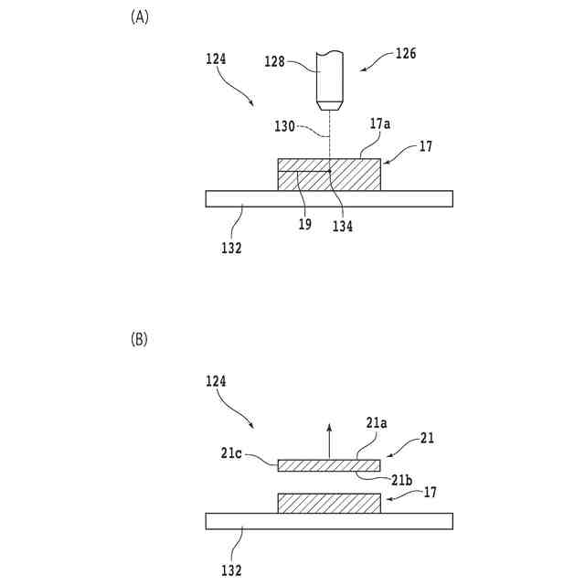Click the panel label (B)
click(140, 339)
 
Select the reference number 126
click(405, 53)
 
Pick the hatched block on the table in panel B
click(328, 502)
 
